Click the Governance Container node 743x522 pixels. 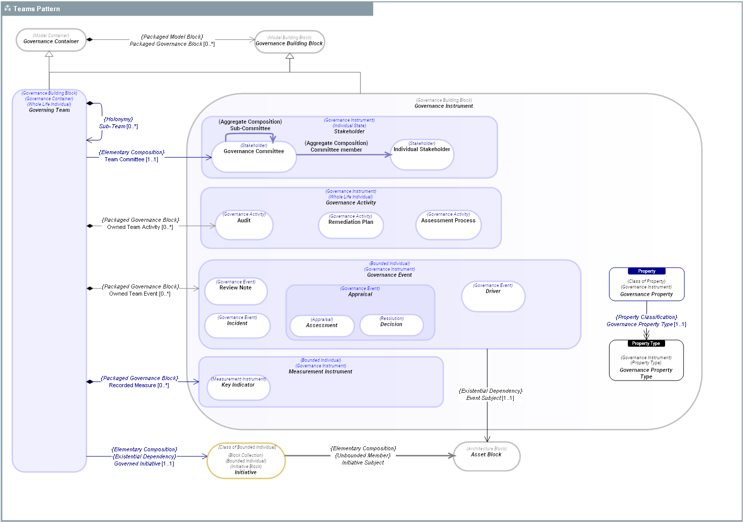point(51,40)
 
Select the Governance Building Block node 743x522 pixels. point(289,42)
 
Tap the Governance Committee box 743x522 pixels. point(254,156)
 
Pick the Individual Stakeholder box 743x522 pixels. point(422,155)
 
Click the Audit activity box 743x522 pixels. point(244,225)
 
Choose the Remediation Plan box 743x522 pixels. point(350,225)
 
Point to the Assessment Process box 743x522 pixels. point(448,225)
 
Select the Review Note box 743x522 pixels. point(235,291)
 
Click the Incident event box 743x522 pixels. point(237,326)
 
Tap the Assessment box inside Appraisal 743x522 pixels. point(322,326)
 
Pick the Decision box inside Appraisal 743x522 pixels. point(391,325)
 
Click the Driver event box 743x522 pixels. point(493,296)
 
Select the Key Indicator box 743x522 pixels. point(238,388)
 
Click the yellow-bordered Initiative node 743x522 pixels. point(246,461)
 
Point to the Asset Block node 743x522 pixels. point(486,456)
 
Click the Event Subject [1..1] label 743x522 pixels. point(490,398)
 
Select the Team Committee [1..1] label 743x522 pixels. point(131,160)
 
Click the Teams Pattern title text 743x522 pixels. point(37,9)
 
